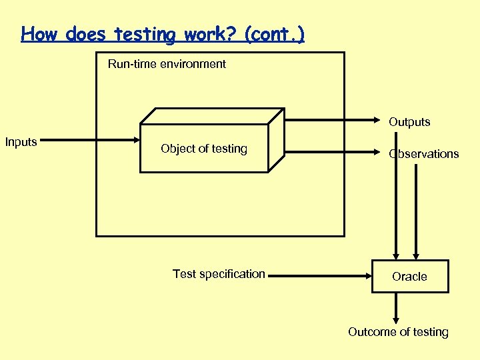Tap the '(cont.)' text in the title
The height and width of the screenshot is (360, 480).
275,34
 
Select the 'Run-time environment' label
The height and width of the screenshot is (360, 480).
167,64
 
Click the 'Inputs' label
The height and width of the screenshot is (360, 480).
21,142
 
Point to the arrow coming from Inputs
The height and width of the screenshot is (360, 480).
93,141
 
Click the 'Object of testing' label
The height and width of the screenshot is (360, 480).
204,149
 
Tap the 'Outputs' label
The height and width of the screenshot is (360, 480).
409,122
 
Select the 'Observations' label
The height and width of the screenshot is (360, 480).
424,154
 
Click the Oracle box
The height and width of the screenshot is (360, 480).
409,277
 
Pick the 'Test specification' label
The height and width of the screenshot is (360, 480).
219,274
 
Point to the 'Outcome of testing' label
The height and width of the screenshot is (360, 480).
398,332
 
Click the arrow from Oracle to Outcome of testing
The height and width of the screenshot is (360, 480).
397,308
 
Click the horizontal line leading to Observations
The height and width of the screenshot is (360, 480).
333,153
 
